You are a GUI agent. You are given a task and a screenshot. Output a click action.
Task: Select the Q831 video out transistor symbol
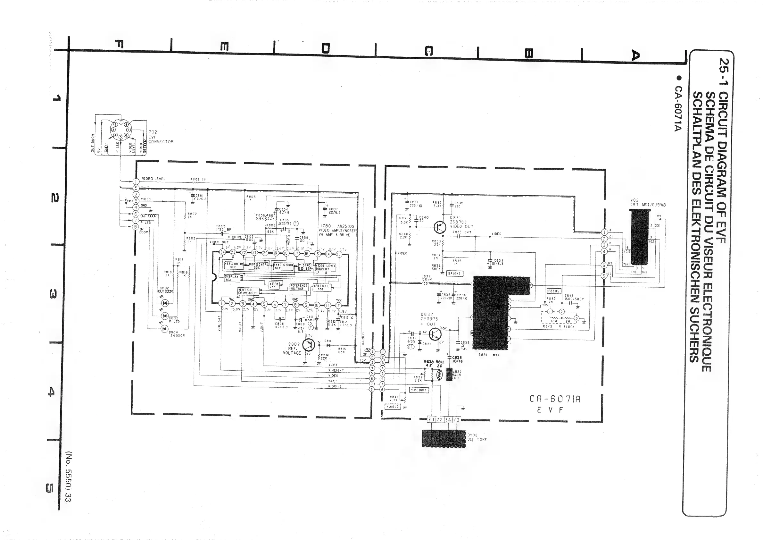440,227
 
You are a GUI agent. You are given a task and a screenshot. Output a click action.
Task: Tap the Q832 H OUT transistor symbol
435,334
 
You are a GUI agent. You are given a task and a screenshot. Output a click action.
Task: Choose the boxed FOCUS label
554,291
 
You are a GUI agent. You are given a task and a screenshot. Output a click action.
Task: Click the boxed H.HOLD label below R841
393,406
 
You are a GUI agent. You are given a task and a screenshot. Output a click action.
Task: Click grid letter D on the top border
325,49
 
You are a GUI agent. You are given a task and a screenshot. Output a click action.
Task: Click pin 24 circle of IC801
222,252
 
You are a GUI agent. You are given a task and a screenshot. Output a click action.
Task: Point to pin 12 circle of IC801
338,305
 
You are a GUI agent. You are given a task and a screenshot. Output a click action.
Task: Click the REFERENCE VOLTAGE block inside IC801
299,287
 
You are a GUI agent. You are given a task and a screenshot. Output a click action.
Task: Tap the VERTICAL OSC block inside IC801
321,287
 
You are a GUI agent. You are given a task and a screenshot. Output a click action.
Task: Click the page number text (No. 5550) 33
69,476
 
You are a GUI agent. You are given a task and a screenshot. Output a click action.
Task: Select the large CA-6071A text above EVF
555,399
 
